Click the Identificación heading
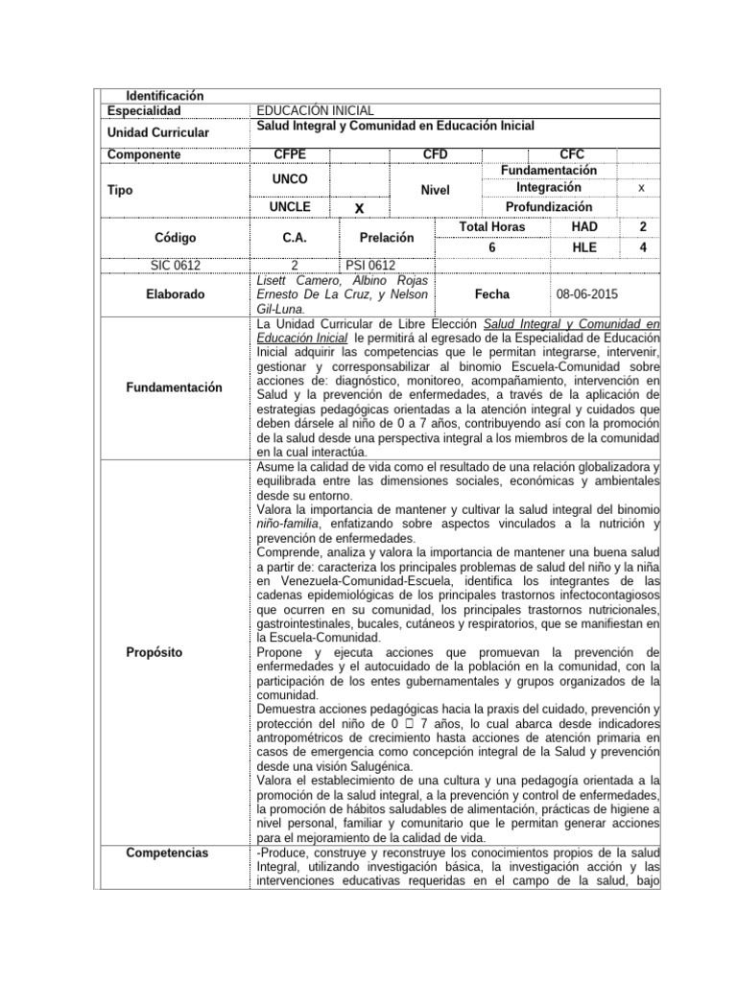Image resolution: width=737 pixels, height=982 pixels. (x=165, y=96)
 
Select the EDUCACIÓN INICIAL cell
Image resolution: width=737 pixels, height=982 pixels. (x=315, y=111)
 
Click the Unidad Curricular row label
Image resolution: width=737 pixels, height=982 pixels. (x=158, y=132)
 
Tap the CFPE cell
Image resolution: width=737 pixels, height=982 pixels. (x=290, y=154)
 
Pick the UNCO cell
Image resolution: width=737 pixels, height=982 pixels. (x=290, y=179)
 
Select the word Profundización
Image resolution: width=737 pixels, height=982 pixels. (x=549, y=207)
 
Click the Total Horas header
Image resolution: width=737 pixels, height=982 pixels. (x=492, y=226)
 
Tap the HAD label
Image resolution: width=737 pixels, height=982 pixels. (x=584, y=226)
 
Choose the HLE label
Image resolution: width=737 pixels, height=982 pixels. (x=584, y=246)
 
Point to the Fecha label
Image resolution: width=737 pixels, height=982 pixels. (x=492, y=294)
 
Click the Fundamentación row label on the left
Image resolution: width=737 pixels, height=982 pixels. (x=174, y=387)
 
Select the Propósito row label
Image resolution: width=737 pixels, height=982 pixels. (x=154, y=652)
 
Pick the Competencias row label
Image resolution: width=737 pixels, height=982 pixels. (x=167, y=853)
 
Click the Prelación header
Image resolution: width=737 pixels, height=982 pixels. (x=387, y=236)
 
